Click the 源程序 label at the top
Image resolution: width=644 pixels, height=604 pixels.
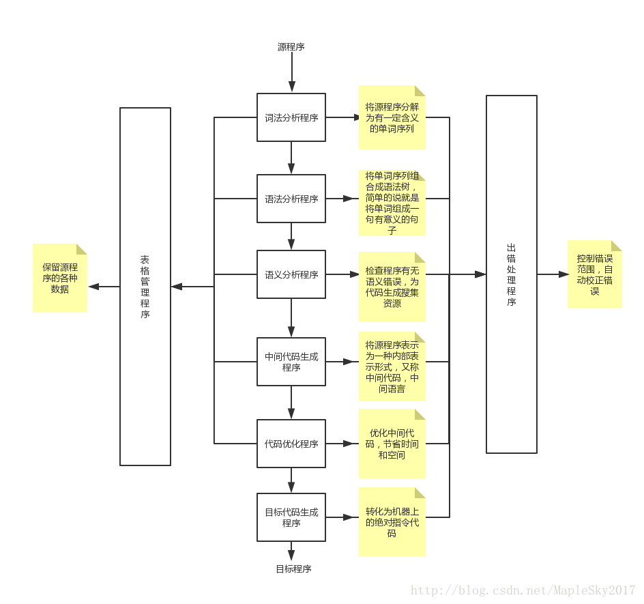coord(291,47)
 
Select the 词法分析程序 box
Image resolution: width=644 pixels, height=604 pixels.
coord(291,117)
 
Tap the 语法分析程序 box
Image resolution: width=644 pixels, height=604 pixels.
coord(291,199)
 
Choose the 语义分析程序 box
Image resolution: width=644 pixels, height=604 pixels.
coord(291,274)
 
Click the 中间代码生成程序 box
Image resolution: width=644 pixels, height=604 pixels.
coord(291,362)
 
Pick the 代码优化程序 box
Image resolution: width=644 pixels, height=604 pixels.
coord(291,444)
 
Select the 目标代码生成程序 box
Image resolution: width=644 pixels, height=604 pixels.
coord(291,517)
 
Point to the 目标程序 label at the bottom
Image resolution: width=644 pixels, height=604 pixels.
coord(293,569)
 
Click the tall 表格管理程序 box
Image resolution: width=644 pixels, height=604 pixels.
coord(145,287)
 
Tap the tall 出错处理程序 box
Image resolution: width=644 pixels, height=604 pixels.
coord(512,274)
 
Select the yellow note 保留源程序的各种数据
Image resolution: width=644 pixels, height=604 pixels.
coord(60,278)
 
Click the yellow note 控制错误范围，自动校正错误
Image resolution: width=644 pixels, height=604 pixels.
coord(595,274)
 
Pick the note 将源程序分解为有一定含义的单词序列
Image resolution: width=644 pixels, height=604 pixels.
coord(392,117)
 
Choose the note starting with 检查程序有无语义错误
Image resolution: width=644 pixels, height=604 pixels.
coord(392,287)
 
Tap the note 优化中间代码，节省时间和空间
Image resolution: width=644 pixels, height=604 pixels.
coord(392,444)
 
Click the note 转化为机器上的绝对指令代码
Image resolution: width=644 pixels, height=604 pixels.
coord(392,522)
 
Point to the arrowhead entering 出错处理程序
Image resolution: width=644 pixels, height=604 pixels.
coord(480,274)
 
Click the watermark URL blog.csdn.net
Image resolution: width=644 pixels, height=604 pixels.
coord(523,590)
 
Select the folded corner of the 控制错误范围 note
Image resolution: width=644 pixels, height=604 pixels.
coord(617,246)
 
